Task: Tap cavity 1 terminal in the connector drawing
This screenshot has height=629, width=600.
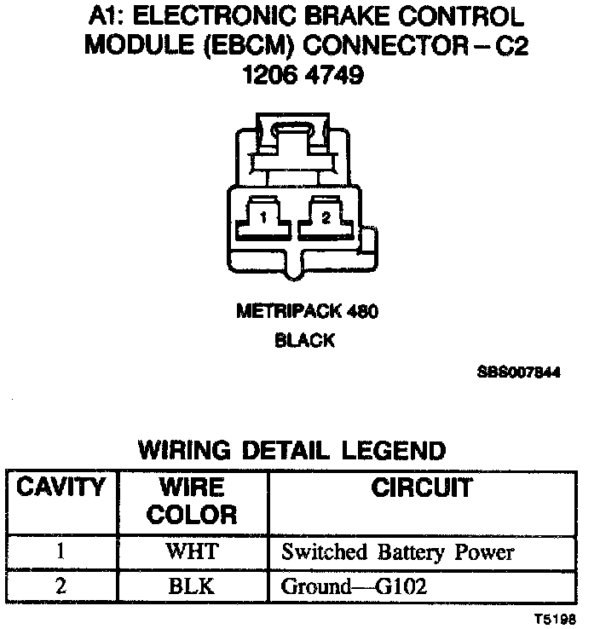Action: [x=264, y=217]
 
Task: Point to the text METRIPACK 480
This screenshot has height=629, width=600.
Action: [x=306, y=312]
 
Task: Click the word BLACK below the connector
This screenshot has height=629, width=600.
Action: [x=304, y=341]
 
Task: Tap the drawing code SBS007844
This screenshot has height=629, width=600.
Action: [x=519, y=372]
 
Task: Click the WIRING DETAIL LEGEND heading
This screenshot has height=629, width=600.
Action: [x=291, y=450]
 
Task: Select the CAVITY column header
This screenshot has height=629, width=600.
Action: [x=61, y=488]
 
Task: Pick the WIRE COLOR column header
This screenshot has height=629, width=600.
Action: [x=192, y=501]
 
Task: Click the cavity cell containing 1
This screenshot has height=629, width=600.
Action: [x=61, y=551]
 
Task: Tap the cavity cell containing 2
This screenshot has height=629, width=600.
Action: [x=61, y=586]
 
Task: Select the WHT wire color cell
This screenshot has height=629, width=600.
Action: [x=192, y=551]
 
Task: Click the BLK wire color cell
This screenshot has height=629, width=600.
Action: [x=192, y=586]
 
